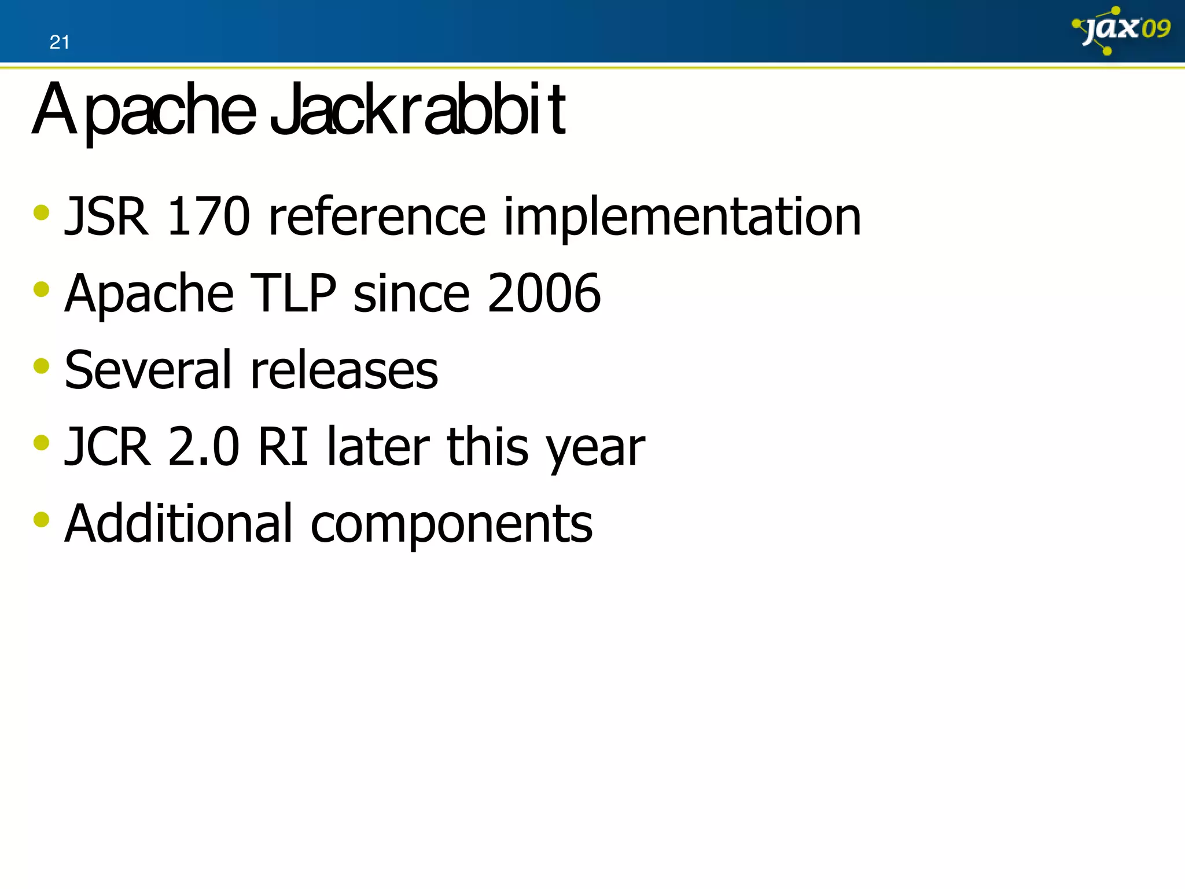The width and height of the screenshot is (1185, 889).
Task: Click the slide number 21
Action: pos(59,42)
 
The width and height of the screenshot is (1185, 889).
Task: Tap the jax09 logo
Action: pos(1121,30)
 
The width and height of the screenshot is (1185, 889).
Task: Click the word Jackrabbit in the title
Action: pos(418,110)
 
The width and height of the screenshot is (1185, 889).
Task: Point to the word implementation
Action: pos(682,218)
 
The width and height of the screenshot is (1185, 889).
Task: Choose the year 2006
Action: pos(543,293)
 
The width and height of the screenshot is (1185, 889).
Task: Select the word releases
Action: pos(344,371)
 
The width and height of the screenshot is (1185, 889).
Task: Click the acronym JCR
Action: pos(108,447)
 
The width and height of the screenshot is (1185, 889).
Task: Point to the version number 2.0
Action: pos(204,447)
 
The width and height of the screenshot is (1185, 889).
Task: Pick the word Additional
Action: pos(179,523)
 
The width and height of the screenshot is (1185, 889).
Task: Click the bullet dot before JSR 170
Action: pos(42,212)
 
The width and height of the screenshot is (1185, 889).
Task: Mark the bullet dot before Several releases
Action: pos(42,366)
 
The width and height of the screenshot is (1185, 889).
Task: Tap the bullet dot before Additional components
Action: pos(42,519)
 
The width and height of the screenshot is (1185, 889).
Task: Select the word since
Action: pos(411,293)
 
